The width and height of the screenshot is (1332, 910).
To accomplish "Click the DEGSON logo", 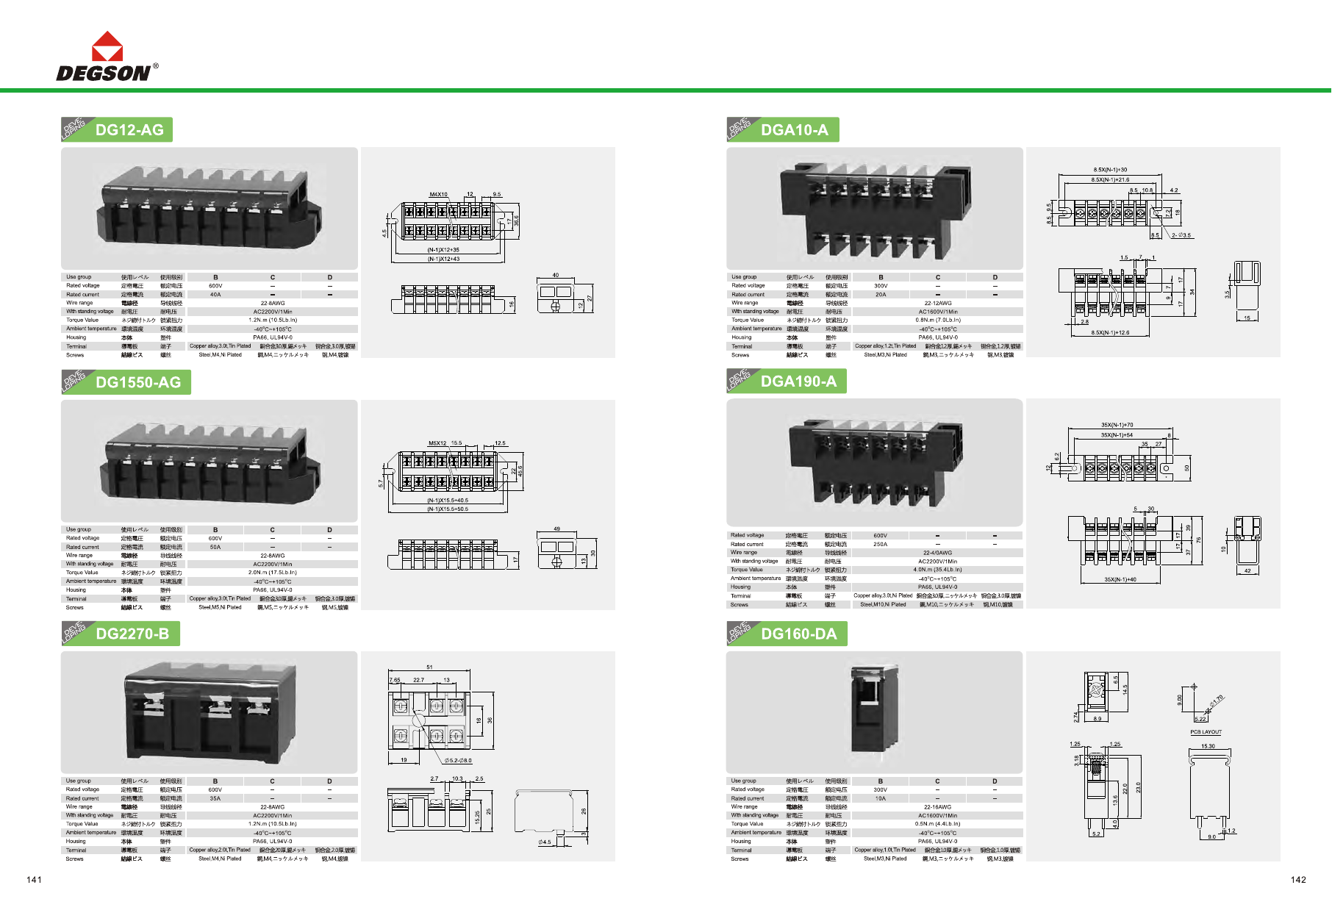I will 107,57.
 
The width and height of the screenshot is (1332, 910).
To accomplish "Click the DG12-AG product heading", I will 129,130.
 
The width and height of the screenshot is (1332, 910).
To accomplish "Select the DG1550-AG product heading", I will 138,382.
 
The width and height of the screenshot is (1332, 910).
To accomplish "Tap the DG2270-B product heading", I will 132,634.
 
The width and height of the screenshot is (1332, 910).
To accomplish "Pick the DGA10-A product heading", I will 794,130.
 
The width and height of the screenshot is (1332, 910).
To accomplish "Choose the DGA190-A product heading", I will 798,381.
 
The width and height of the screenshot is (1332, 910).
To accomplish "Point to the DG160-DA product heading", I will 798,634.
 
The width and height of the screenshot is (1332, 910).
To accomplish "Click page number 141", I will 35,880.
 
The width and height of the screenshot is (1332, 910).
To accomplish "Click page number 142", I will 1298,880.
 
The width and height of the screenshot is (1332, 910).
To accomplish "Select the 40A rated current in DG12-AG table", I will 215,295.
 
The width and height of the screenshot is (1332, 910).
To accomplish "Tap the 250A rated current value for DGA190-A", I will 880,545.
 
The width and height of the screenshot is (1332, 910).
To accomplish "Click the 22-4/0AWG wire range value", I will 937,553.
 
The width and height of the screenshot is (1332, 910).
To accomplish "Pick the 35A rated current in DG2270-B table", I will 215,798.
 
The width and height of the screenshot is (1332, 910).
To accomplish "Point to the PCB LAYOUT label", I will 1206,732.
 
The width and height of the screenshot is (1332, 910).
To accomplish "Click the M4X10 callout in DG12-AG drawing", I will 438,195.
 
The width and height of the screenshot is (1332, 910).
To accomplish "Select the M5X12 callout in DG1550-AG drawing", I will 437,443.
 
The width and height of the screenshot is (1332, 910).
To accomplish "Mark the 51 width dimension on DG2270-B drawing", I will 429,667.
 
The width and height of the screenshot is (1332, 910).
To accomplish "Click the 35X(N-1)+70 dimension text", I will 1117,425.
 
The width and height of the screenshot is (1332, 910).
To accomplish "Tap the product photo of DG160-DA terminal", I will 874,709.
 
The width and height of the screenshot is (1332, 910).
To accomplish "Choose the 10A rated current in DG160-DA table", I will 880,798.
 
